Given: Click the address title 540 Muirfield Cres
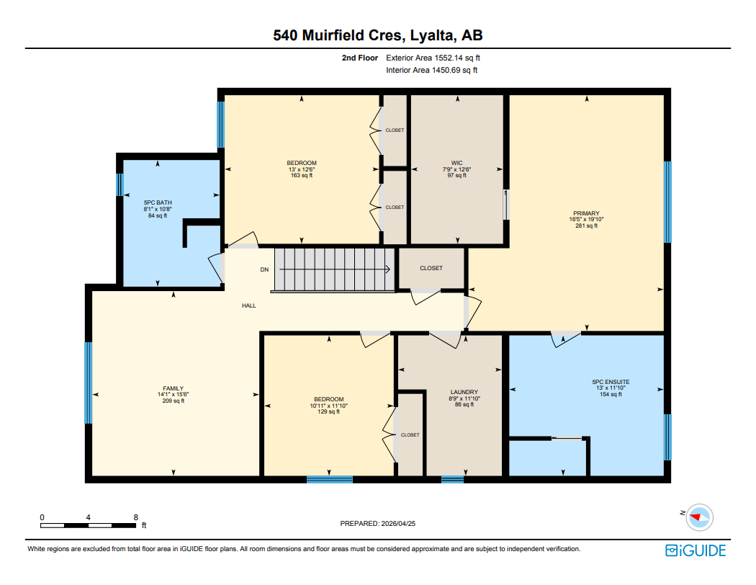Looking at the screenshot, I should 377,35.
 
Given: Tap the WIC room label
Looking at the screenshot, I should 456,163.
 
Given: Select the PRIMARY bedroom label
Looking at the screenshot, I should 586,213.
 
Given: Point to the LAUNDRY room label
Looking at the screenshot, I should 464,392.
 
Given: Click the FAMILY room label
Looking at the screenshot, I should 173,388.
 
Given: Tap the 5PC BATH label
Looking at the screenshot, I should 157,202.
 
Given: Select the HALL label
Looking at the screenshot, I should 248,305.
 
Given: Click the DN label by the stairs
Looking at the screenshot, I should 264,270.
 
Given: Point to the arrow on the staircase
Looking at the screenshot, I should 335,270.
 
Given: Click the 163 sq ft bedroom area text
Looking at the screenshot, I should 301,175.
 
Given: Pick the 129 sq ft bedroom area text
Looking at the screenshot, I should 328,412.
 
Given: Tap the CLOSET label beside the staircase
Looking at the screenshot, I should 431,268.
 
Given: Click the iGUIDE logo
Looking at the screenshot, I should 695,550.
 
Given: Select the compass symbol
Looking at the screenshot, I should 698,516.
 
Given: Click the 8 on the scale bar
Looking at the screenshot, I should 135,517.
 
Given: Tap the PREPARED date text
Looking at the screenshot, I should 379,524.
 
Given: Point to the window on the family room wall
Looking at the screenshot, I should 89,383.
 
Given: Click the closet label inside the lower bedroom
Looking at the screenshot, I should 410,434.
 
